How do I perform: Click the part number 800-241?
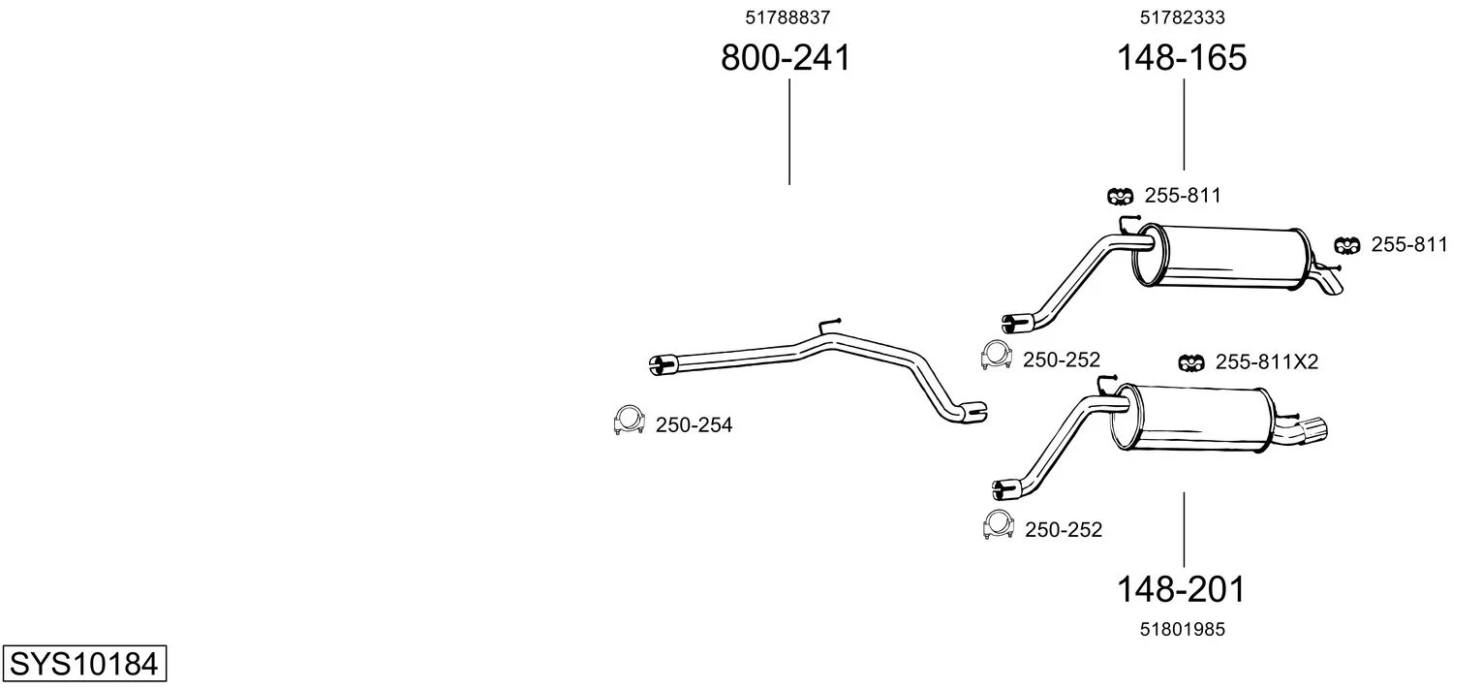[786, 57]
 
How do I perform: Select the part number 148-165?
[1182, 57]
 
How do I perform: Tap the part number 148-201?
[1181, 589]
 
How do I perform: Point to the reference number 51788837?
[787, 17]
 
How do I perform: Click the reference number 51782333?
[1183, 17]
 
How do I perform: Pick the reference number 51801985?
[1183, 630]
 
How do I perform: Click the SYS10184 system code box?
[84, 663]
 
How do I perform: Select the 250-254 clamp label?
[695, 424]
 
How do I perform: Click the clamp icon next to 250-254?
[629, 421]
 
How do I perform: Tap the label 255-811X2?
[1267, 362]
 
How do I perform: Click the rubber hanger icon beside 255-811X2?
[1191, 362]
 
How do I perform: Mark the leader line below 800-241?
[789, 132]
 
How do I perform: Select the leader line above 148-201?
[1184, 529]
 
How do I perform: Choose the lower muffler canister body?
[1191, 418]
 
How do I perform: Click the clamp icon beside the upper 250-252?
[997, 356]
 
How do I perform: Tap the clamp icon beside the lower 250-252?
[999, 525]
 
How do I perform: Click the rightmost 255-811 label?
[1409, 245]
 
